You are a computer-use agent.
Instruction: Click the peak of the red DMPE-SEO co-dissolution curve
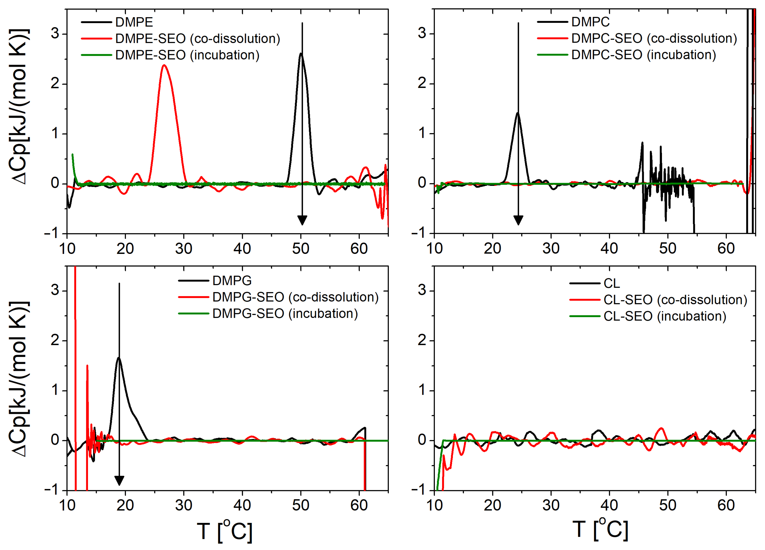tap(164, 65)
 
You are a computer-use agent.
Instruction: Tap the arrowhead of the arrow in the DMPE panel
tap(302, 221)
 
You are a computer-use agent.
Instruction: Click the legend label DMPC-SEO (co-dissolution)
tap(654, 38)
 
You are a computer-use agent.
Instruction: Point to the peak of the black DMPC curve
tap(517, 113)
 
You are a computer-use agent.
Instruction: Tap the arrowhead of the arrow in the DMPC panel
tap(518, 221)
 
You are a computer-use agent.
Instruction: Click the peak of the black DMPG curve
tap(119, 358)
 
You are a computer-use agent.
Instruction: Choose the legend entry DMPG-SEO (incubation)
tap(285, 314)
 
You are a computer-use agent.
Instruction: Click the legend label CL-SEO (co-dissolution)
tap(675, 300)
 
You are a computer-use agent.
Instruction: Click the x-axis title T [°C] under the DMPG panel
tap(224, 531)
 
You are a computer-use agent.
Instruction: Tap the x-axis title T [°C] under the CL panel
tap(600, 529)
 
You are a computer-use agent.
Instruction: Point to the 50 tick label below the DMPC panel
tap(667, 249)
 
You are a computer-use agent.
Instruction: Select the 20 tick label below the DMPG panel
tap(125, 505)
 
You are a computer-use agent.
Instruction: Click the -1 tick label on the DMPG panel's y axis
tap(52, 490)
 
